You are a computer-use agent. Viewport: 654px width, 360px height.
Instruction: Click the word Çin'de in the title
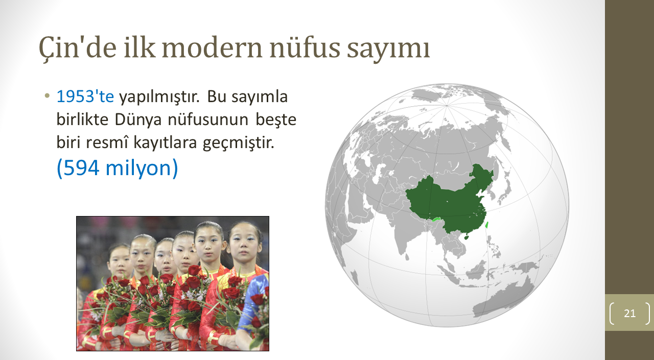point(78,48)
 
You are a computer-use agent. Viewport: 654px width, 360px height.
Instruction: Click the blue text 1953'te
point(85,97)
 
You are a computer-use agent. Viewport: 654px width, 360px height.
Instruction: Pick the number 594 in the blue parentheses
point(81,168)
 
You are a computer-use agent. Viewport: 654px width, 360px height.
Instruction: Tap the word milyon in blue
point(138,169)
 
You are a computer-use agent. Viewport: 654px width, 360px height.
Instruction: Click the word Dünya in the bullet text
point(138,120)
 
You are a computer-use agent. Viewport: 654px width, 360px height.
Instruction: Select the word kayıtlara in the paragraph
point(165,143)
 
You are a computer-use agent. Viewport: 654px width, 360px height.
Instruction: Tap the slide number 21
point(630,314)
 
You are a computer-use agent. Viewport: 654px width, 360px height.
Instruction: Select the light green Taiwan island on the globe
point(487,225)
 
